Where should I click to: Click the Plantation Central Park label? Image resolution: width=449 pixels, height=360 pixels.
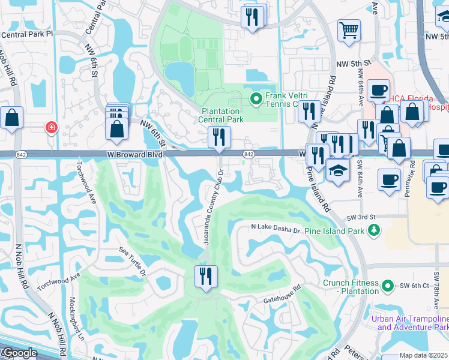click(223, 115)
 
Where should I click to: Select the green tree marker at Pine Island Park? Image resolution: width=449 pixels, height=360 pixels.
click(375, 230)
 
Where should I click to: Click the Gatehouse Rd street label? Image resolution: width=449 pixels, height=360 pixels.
click(280, 299)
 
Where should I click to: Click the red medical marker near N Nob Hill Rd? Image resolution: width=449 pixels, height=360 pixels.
click(52, 127)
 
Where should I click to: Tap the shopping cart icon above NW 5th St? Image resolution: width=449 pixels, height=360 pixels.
click(349, 29)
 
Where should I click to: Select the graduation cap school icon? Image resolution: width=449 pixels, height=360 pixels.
click(339, 169)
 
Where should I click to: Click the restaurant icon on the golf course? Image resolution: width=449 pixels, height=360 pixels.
click(206, 277)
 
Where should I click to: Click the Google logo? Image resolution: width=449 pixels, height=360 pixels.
click(19, 353)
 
